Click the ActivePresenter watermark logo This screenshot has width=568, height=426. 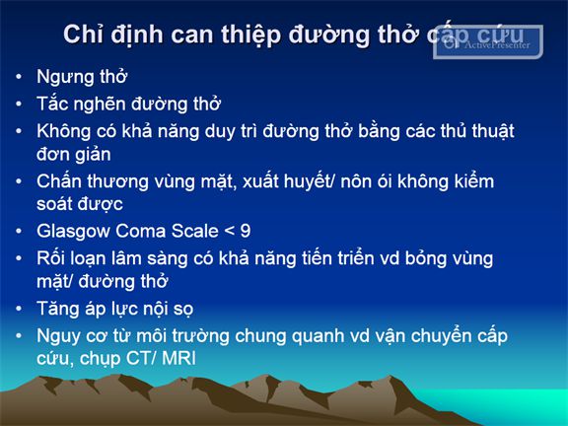pyautogui.click(x=487, y=42)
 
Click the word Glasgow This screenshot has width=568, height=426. pyautogui.click(x=73, y=232)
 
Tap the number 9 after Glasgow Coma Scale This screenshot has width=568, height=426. pyautogui.click(x=246, y=231)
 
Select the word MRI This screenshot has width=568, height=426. pyautogui.click(x=178, y=358)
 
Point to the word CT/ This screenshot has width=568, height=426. pyautogui.click(x=142, y=358)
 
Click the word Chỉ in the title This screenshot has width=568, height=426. pyautogui.click(x=82, y=35)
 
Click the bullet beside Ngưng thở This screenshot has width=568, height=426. pyautogui.click(x=19, y=77)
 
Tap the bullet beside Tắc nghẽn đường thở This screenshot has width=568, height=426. pyautogui.click(x=19, y=105)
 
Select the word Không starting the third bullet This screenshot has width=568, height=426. pyautogui.click(x=64, y=131)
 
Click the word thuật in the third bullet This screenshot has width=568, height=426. pyautogui.click(x=493, y=131)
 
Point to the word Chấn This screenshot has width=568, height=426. pyautogui.click(x=59, y=181)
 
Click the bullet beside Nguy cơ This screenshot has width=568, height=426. pyautogui.click(x=19, y=336)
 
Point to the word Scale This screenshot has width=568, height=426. pyautogui.click(x=194, y=231)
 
